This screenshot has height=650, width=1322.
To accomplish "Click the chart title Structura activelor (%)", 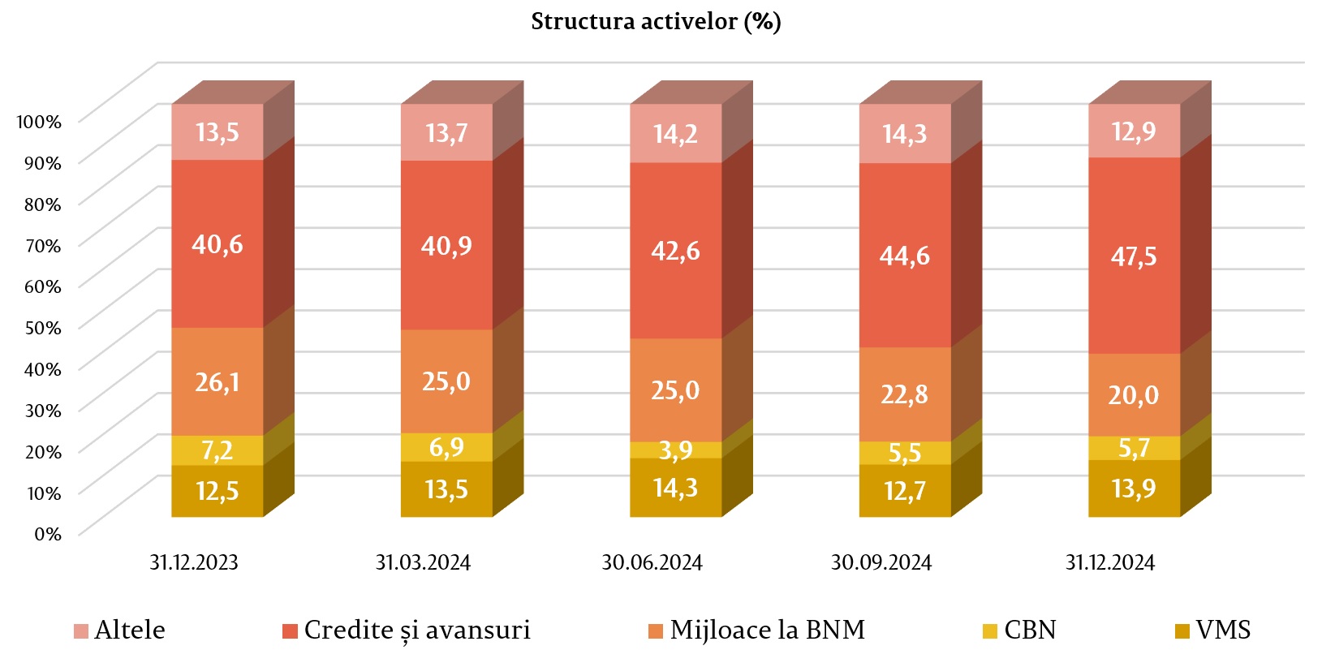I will coord(656,21).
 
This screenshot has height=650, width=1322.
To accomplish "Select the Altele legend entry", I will coord(119,630).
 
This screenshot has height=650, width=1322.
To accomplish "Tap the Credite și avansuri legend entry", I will coord(407,630).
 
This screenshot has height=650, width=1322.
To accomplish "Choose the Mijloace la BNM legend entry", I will coord(756,630).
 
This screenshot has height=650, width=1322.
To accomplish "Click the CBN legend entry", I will coord(1019,630).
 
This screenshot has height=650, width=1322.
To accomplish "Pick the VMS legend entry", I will coord(1212,630).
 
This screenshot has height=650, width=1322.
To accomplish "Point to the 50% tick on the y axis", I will coord(43,328).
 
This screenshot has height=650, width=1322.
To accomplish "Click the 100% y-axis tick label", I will coord(39,122).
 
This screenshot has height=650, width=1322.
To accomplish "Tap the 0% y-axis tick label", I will coord(47,534).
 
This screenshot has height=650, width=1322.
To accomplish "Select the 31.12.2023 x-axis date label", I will coord(194,562).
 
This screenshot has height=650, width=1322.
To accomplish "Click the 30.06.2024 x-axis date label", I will coord(652,562).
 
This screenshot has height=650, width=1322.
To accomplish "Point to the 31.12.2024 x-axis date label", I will coord(1109,562).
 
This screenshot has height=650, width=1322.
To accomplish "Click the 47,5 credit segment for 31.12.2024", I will coord(1134,256).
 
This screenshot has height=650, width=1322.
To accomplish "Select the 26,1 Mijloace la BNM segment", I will coord(217,381).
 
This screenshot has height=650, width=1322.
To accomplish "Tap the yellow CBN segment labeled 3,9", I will coord(675,450).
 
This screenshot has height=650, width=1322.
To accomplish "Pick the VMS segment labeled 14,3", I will coord(675,488).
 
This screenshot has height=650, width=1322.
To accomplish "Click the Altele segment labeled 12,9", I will coord(1134,131).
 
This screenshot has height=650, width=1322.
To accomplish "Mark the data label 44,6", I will coord(905,256).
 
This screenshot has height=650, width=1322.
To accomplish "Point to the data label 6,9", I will coord(446,447).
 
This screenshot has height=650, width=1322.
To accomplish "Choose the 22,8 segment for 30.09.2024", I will coord(905,394).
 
